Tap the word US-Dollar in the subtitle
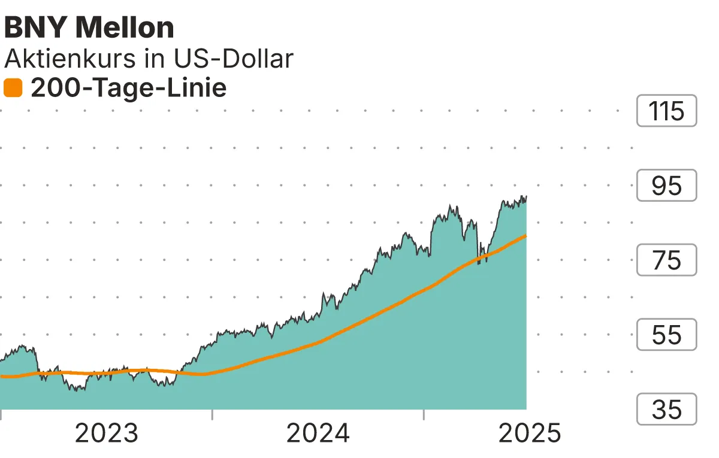click(234, 59)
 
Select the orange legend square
click(13, 89)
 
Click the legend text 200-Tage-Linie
click(128, 89)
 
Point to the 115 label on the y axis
click(666, 111)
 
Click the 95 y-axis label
click(666, 186)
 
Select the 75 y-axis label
click(666, 260)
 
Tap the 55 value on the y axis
click(666, 335)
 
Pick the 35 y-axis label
click(666, 410)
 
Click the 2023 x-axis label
click(106, 433)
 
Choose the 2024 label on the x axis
click(318, 433)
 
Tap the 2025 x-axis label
click(530, 433)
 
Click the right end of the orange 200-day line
click(525, 236)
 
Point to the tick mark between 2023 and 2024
click(212, 414)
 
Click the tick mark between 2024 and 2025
click(424, 414)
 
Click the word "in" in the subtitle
click(158, 59)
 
